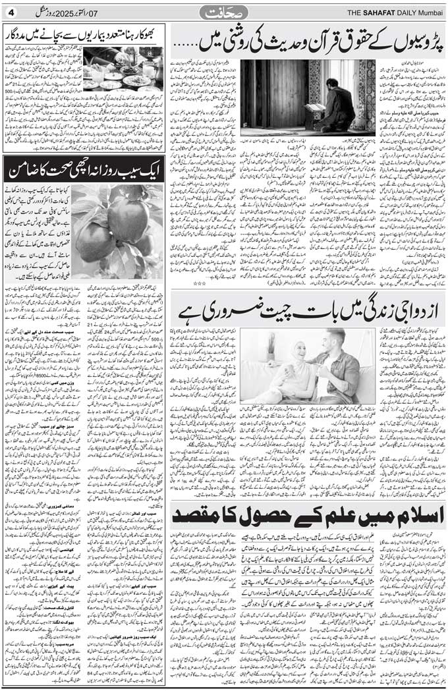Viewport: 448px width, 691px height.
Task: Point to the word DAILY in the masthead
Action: tap(408, 11)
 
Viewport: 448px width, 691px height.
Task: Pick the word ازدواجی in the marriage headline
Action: tap(409, 308)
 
